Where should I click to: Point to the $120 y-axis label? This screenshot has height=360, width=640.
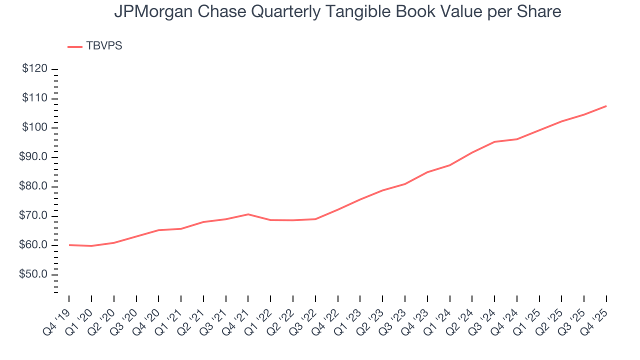[x=34, y=69]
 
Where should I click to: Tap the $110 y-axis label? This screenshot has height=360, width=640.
[x=34, y=98]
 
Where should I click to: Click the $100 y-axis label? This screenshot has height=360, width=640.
[x=34, y=128]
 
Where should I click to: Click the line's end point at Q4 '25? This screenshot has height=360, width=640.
[x=606, y=106]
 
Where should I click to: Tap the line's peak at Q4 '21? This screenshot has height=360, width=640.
[x=248, y=214]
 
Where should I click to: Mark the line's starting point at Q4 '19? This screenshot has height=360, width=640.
[x=69, y=245]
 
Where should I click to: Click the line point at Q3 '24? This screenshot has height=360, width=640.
[x=494, y=141]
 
